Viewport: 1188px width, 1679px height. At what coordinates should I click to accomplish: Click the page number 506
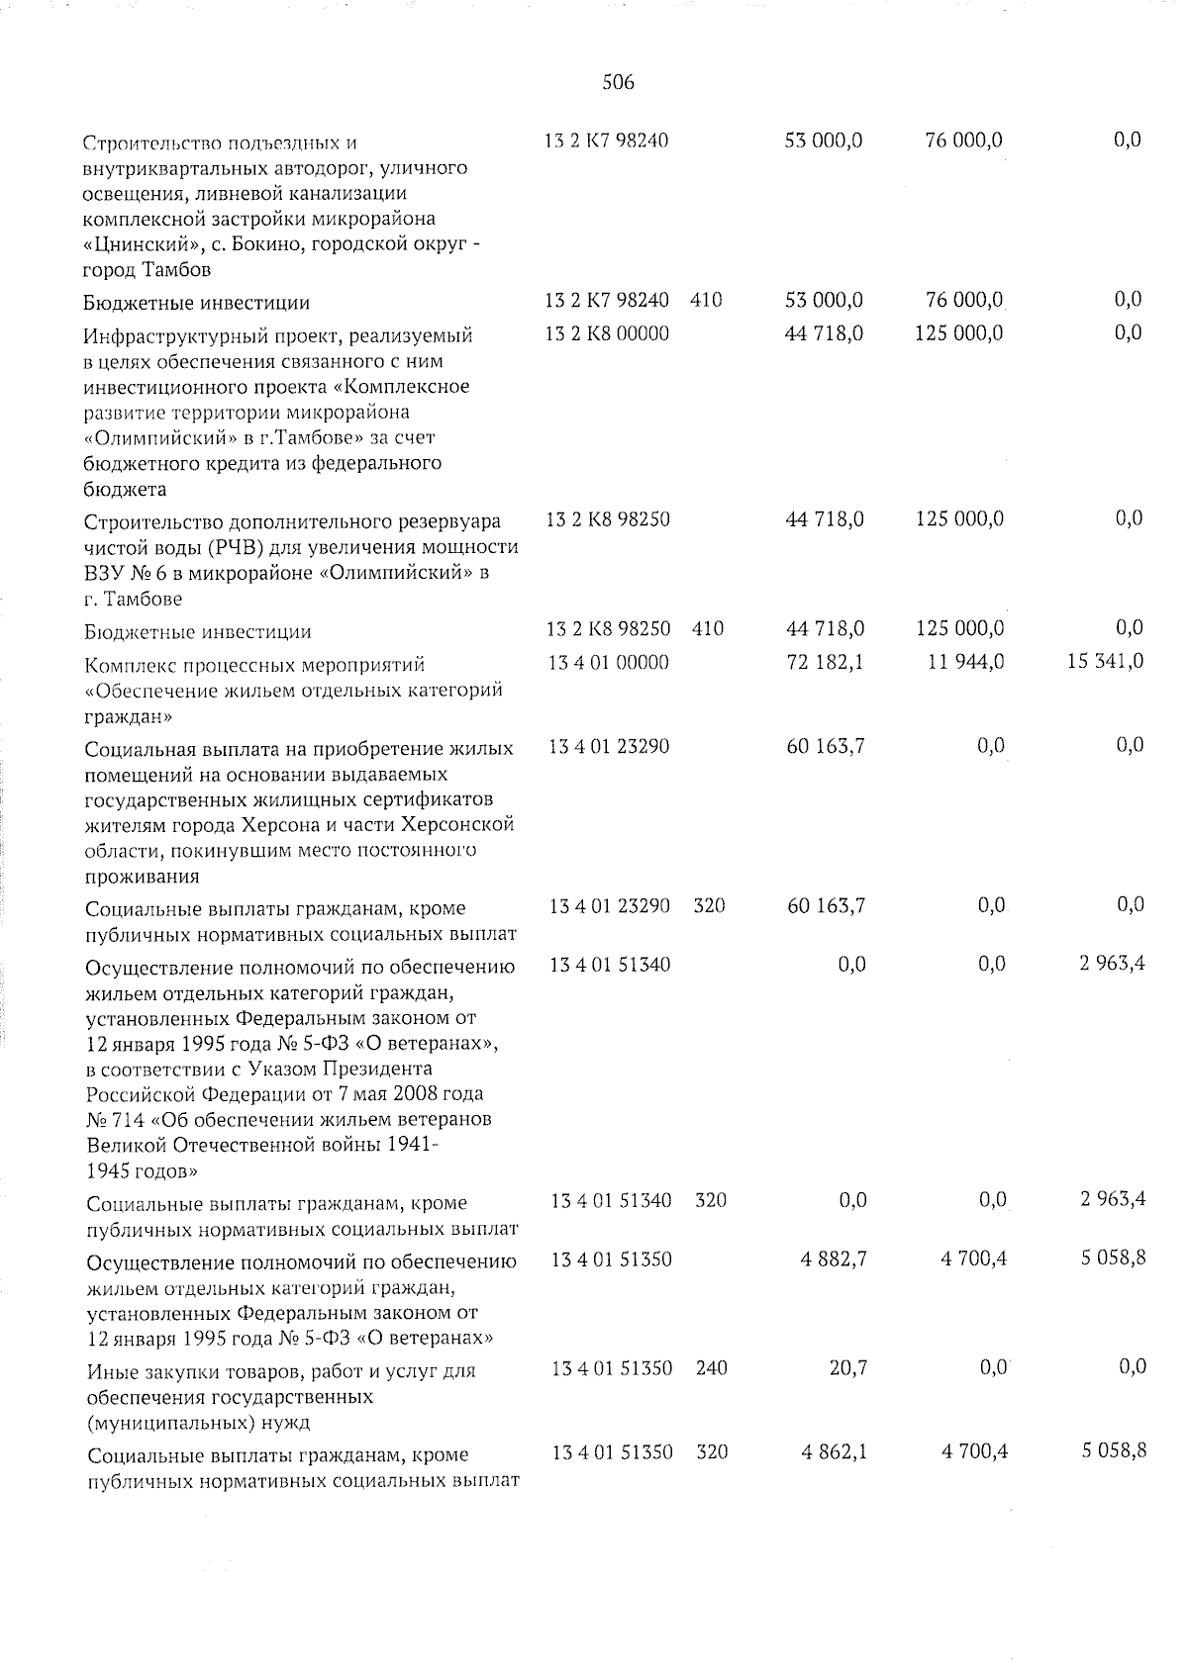point(618,83)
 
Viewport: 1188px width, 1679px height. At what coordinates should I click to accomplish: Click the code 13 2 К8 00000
point(607,333)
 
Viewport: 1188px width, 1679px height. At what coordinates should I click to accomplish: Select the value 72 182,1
point(825,662)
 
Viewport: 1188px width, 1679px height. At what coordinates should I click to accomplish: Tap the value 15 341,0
point(1105,661)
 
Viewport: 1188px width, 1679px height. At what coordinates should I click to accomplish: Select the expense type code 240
point(711,1368)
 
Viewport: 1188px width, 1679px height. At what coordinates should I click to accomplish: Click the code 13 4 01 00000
point(608,662)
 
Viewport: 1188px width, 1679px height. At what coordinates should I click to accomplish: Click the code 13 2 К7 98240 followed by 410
point(607,300)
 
